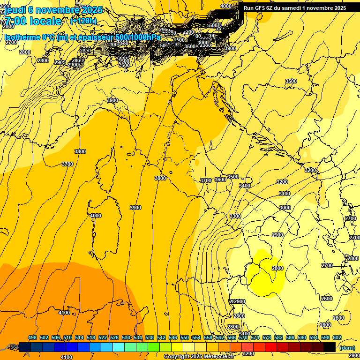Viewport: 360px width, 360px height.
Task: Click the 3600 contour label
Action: coord(220,180)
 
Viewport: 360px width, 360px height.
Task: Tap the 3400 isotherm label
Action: coord(244,186)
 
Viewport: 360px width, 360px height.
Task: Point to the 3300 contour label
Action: coord(235,216)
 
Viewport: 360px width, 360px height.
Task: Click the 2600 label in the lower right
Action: coord(326,299)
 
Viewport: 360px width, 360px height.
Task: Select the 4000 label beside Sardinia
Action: coord(95,216)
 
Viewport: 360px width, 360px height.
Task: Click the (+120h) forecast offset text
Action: coord(83,21)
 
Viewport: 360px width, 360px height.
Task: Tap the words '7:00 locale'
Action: coord(33,21)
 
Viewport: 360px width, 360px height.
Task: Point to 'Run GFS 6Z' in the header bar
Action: coord(260,8)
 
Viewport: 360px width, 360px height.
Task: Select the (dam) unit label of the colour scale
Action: coord(347,348)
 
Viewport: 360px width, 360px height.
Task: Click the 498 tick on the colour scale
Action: coord(32,338)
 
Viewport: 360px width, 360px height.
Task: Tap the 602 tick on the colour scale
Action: coord(337,338)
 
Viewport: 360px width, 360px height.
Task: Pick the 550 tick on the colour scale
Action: coord(185,338)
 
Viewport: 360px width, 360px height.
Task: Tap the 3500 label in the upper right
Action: coord(291,81)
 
